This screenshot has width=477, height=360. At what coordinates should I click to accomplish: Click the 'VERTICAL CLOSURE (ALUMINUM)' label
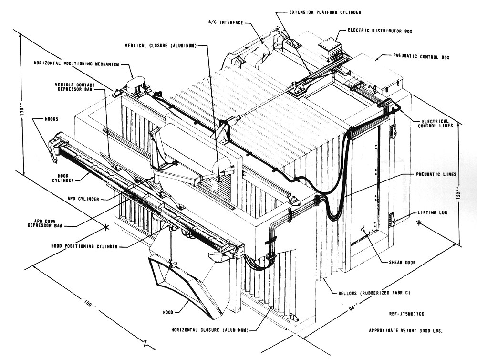point(160,45)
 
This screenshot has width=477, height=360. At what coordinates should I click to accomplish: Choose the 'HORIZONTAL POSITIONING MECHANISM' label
point(75,64)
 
